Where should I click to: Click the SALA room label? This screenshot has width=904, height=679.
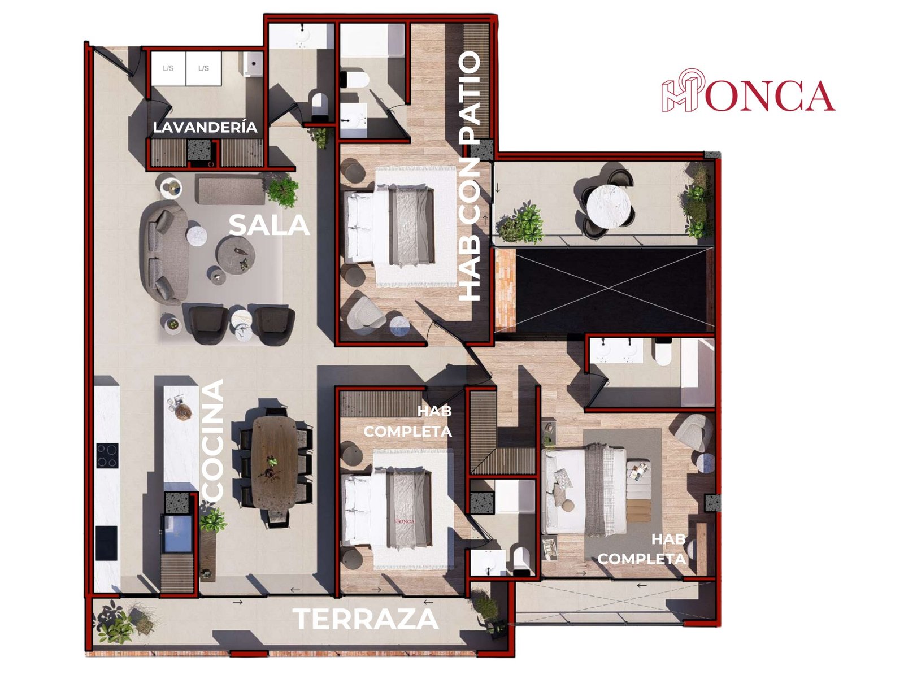click(x=268, y=225)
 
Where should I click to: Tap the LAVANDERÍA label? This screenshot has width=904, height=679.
click(x=205, y=127)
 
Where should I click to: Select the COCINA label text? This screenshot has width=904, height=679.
click(x=213, y=441)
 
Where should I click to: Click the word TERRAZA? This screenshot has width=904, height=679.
click(x=365, y=619)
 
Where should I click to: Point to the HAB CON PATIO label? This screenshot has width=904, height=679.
click(x=470, y=176)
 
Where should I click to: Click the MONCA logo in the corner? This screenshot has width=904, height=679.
click(x=747, y=90)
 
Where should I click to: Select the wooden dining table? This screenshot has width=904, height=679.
click(x=274, y=463)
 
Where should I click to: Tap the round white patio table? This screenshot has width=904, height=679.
click(x=609, y=206)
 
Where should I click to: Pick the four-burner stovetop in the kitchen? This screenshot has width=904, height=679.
click(x=107, y=455)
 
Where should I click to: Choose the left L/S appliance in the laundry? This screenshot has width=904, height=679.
click(x=168, y=68)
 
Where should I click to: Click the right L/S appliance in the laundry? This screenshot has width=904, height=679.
click(x=204, y=68)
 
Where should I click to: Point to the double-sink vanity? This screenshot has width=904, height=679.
click(x=616, y=350)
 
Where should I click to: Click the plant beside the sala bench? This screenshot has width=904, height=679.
click(x=284, y=190)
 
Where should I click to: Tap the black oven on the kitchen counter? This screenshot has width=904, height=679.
click(x=106, y=543)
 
